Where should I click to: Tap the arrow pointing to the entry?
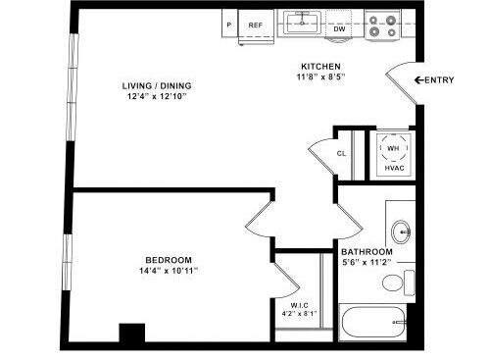pyautogui.click(x=418, y=79)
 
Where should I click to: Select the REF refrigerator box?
pyautogui.click(x=256, y=25)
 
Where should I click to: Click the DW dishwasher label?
pyautogui.click(x=340, y=29)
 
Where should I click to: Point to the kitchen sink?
pyautogui.click(x=303, y=20)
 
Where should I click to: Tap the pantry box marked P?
pyautogui.click(x=229, y=25)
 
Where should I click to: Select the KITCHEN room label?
pyautogui.click(x=320, y=67)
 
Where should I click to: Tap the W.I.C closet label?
pyautogui.click(x=300, y=304)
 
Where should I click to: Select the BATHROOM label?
pyautogui.click(x=367, y=250)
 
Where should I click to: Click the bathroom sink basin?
pyautogui.click(x=402, y=232)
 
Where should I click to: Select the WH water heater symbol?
pyautogui.click(x=394, y=149)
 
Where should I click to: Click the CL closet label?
pyautogui.click(x=342, y=154)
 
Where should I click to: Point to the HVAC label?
pyautogui.click(x=394, y=169)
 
